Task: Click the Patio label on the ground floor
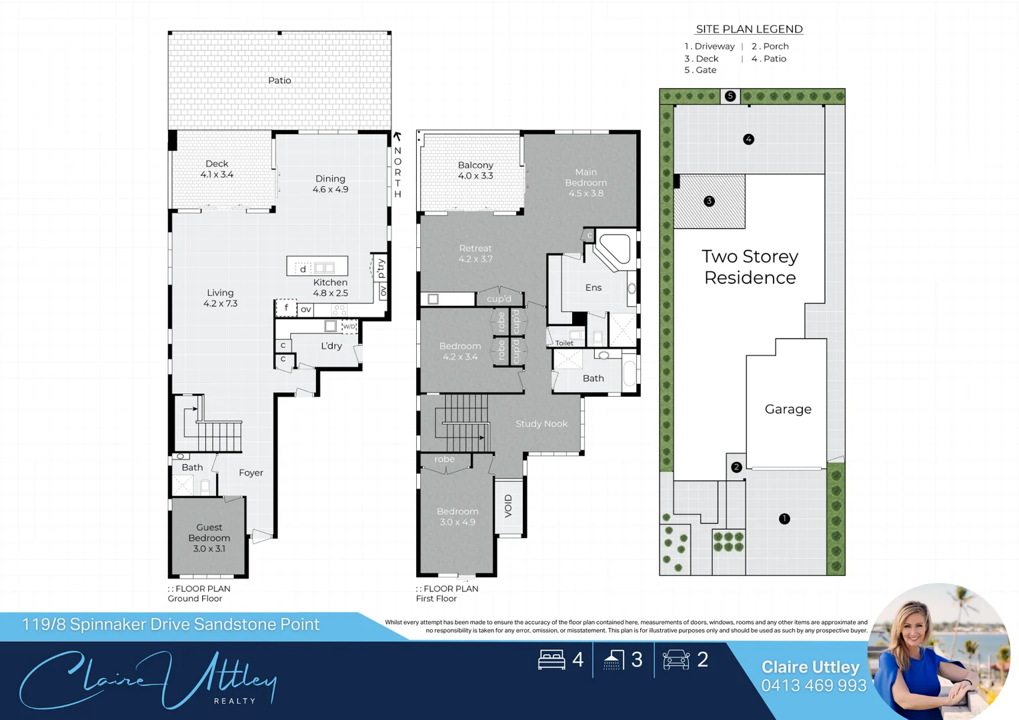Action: [279, 81]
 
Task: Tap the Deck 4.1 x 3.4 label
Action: [217, 169]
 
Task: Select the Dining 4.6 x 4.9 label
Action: [330, 184]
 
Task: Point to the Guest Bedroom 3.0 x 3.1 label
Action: [209, 538]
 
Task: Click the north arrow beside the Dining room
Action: [397, 137]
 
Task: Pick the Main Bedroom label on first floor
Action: [586, 183]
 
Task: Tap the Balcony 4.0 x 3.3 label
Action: [475, 171]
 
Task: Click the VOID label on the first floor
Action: [508, 506]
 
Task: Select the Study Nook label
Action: [541, 424]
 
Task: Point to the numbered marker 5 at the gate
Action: [730, 96]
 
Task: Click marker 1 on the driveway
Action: [784, 519]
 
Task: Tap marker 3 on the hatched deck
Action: [709, 201]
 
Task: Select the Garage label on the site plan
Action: [788, 409]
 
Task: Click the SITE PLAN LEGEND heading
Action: [749, 29]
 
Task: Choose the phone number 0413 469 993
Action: [814, 685]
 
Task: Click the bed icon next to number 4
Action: [552, 660]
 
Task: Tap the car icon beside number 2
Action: [676, 660]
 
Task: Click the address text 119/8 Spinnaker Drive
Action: [171, 625]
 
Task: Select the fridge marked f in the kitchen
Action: [286, 308]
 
